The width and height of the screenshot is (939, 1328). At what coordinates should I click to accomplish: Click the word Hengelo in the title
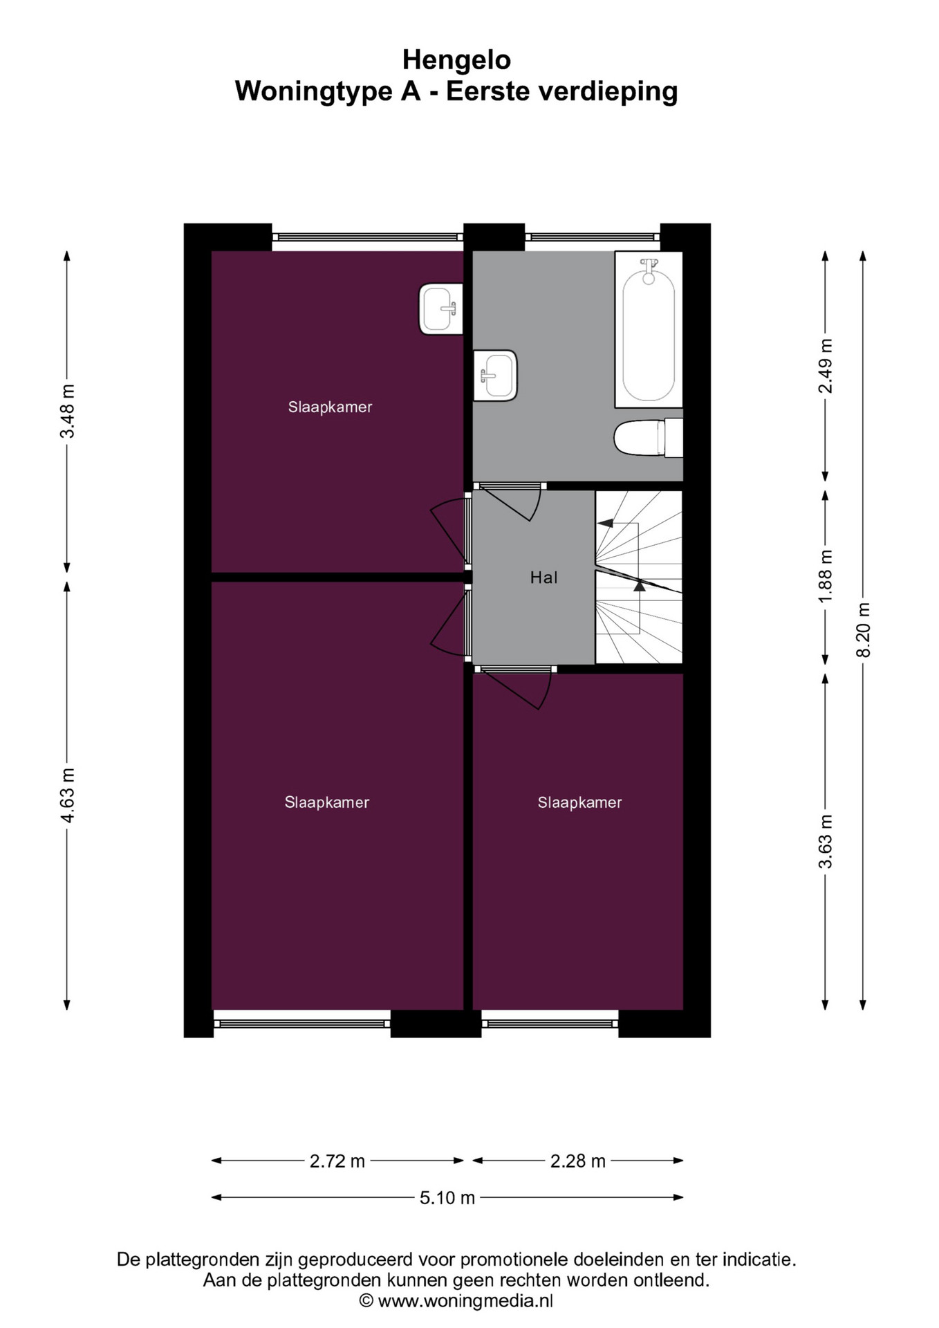[x=456, y=60]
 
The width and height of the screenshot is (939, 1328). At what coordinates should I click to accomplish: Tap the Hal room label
[x=543, y=578]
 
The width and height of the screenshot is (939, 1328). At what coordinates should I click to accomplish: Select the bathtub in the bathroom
[x=649, y=329]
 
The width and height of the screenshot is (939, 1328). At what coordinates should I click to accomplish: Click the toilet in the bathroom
[x=648, y=438]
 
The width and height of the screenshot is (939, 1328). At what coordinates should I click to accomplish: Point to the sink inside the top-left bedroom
[x=440, y=309]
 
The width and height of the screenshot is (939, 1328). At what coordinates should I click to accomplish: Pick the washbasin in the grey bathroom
[x=495, y=376]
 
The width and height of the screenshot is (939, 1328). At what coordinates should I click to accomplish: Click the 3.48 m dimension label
[x=67, y=411]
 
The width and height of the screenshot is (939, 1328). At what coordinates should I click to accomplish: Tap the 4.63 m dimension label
[x=67, y=795]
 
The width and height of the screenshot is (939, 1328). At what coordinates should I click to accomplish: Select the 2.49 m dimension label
[x=825, y=366]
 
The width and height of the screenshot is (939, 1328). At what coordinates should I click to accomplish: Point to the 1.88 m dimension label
[x=825, y=575]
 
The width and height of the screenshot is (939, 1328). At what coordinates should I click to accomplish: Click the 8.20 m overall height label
[x=863, y=630]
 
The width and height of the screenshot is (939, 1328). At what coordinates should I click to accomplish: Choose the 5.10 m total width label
[x=447, y=1197]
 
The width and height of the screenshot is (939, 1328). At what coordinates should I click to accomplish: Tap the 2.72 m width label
[x=337, y=1161]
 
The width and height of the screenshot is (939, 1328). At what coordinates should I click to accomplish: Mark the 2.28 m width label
[x=577, y=1161]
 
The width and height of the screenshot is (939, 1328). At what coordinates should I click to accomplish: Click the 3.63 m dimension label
[x=825, y=841]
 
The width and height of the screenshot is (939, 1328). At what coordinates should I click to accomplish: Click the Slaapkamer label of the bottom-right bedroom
[x=579, y=802]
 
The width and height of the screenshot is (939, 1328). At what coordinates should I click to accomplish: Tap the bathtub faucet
[x=649, y=270]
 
